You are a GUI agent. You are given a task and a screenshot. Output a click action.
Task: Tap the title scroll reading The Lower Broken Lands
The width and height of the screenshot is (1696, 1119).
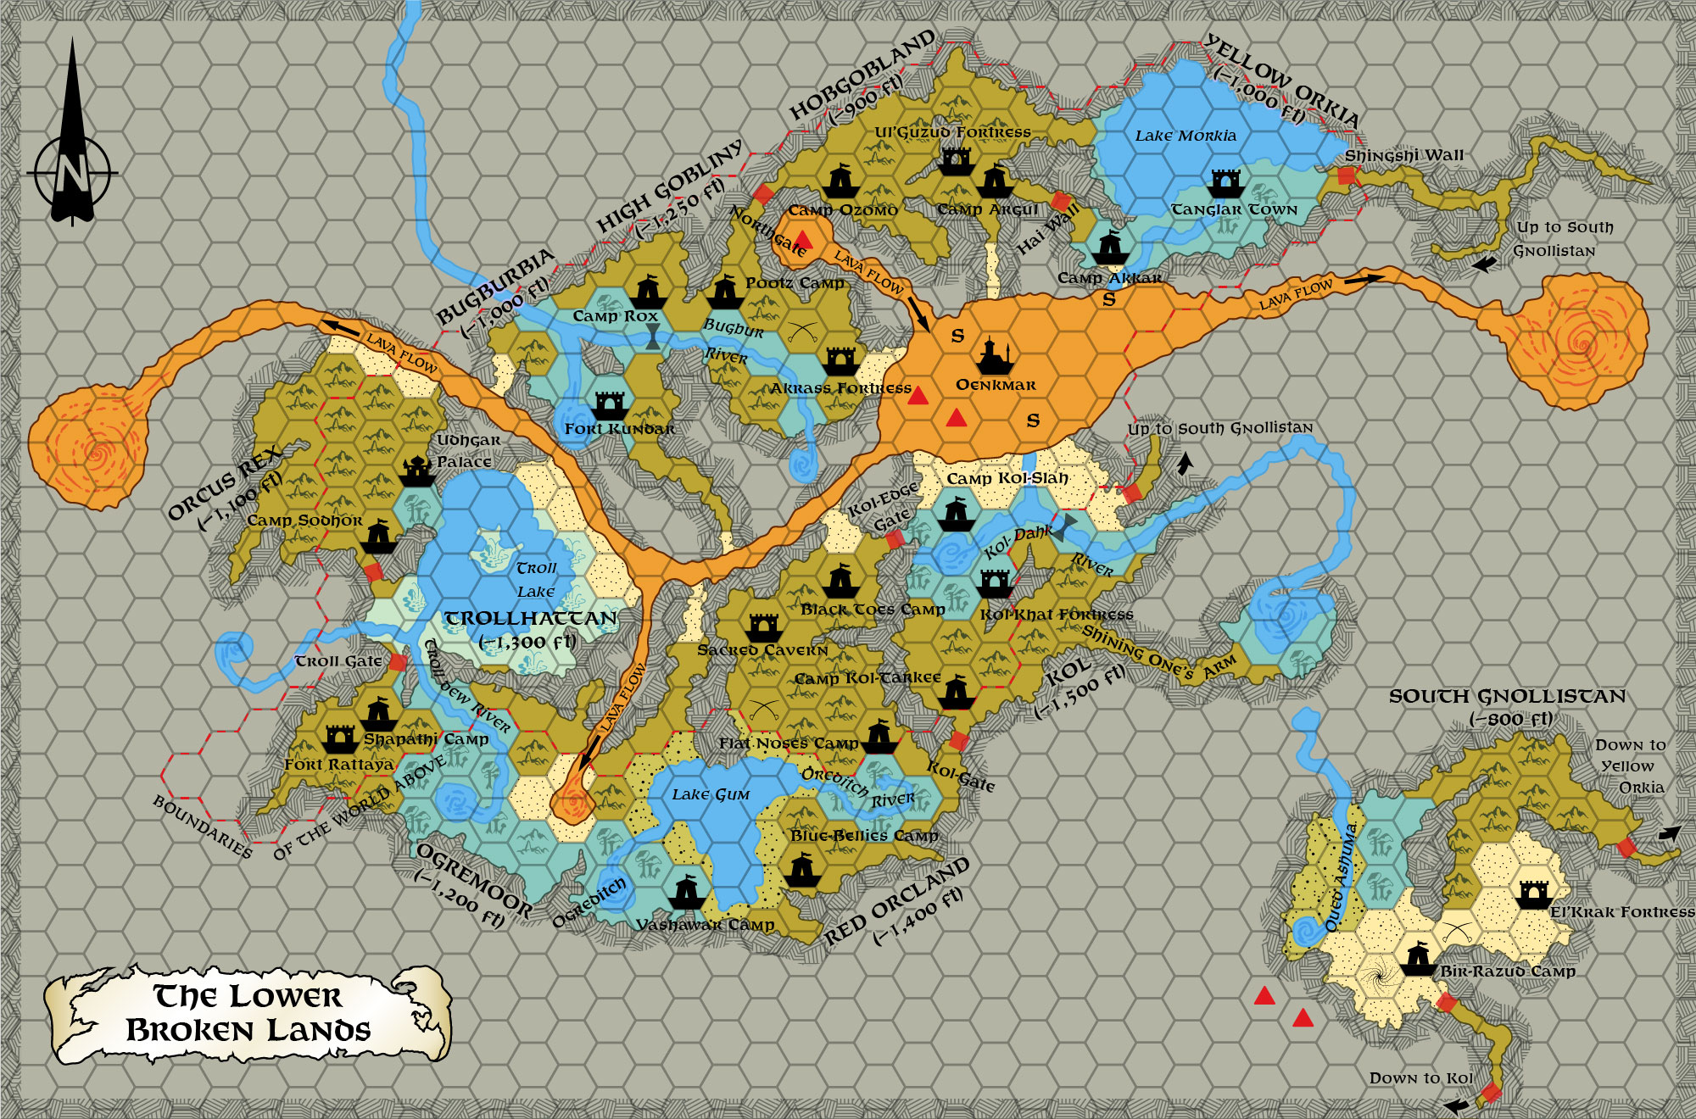click(x=248, y=1014)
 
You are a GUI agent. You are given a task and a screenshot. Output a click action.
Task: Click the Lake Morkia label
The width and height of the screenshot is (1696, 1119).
click(x=1186, y=136)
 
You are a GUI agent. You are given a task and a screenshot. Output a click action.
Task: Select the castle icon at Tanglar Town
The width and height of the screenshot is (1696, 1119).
click(x=1226, y=183)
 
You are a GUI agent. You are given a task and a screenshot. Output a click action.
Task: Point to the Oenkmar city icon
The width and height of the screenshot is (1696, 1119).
click(x=995, y=356)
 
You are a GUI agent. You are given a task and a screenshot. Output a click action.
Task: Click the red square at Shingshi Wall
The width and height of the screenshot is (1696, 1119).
click(x=1346, y=176)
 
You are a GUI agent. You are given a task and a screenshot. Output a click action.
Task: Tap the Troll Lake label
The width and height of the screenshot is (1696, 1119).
click(x=536, y=579)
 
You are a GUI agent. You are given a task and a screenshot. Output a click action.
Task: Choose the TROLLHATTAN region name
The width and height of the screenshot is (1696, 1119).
click(x=531, y=618)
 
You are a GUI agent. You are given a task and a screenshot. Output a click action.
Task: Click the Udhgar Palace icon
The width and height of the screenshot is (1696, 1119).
click(x=416, y=470)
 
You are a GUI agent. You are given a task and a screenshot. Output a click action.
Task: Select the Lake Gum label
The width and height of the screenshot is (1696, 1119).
click(x=711, y=794)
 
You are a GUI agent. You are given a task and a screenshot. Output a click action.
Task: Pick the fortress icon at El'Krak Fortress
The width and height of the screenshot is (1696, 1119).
click(x=1533, y=894)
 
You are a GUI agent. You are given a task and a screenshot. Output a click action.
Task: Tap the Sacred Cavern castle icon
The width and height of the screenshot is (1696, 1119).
click(x=763, y=627)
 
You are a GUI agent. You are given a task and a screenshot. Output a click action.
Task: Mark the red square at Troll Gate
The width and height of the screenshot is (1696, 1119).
click(x=398, y=662)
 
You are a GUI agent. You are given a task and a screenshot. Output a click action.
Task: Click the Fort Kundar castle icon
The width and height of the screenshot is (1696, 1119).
click(x=610, y=405)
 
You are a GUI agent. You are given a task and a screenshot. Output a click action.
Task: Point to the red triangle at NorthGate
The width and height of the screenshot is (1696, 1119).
click(x=803, y=241)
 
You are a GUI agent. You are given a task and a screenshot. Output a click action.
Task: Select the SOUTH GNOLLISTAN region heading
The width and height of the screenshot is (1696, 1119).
click(x=1507, y=697)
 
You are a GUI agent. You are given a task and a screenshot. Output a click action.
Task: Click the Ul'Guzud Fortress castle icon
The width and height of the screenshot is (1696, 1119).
click(x=956, y=161)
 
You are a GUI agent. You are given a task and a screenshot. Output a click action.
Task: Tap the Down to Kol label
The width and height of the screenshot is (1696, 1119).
click(x=1420, y=1077)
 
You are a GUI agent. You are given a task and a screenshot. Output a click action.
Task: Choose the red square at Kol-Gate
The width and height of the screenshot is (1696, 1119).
click(x=959, y=741)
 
